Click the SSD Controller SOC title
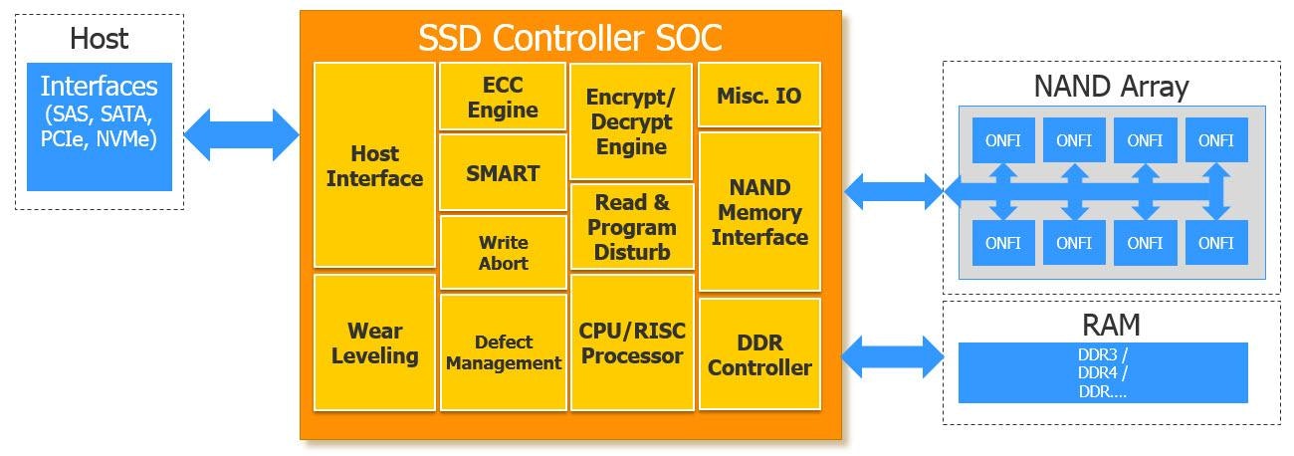click(x=569, y=38)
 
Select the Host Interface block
click(x=374, y=165)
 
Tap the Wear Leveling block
click(x=374, y=342)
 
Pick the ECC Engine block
click(x=503, y=97)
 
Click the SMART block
click(x=503, y=173)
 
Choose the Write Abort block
click(x=503, y=253)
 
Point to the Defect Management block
click(x=503, y=352)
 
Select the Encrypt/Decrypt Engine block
click(x=631, y=121)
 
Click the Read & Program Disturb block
click(x=631, y=227)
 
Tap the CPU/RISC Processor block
click(x=631, y=342)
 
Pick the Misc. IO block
click(x=759, y=96)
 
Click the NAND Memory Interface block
click(x=759, y=211)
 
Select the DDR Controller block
click(x=759, y=354)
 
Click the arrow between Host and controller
click(x=242, y=133)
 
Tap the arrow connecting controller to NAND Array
click(x=893, y=191)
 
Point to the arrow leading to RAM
click(x=893, y=356)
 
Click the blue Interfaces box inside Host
click(x=99, y=126)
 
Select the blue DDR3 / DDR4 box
click(x=1102, y=372)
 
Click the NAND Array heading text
click(x=1111, y=86)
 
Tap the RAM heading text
click(x=1111, y=325)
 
